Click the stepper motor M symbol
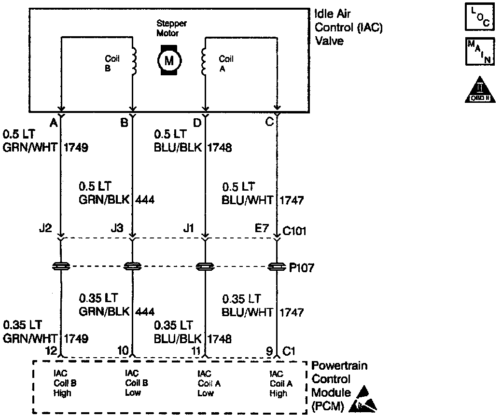pos(169,60)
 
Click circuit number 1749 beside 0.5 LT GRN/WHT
pos(76,147)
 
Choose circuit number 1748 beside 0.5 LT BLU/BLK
pos(220,147)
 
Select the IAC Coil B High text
pos(63,383)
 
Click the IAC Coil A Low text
pos(205,383)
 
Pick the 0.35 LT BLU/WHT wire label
pos(241,305)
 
